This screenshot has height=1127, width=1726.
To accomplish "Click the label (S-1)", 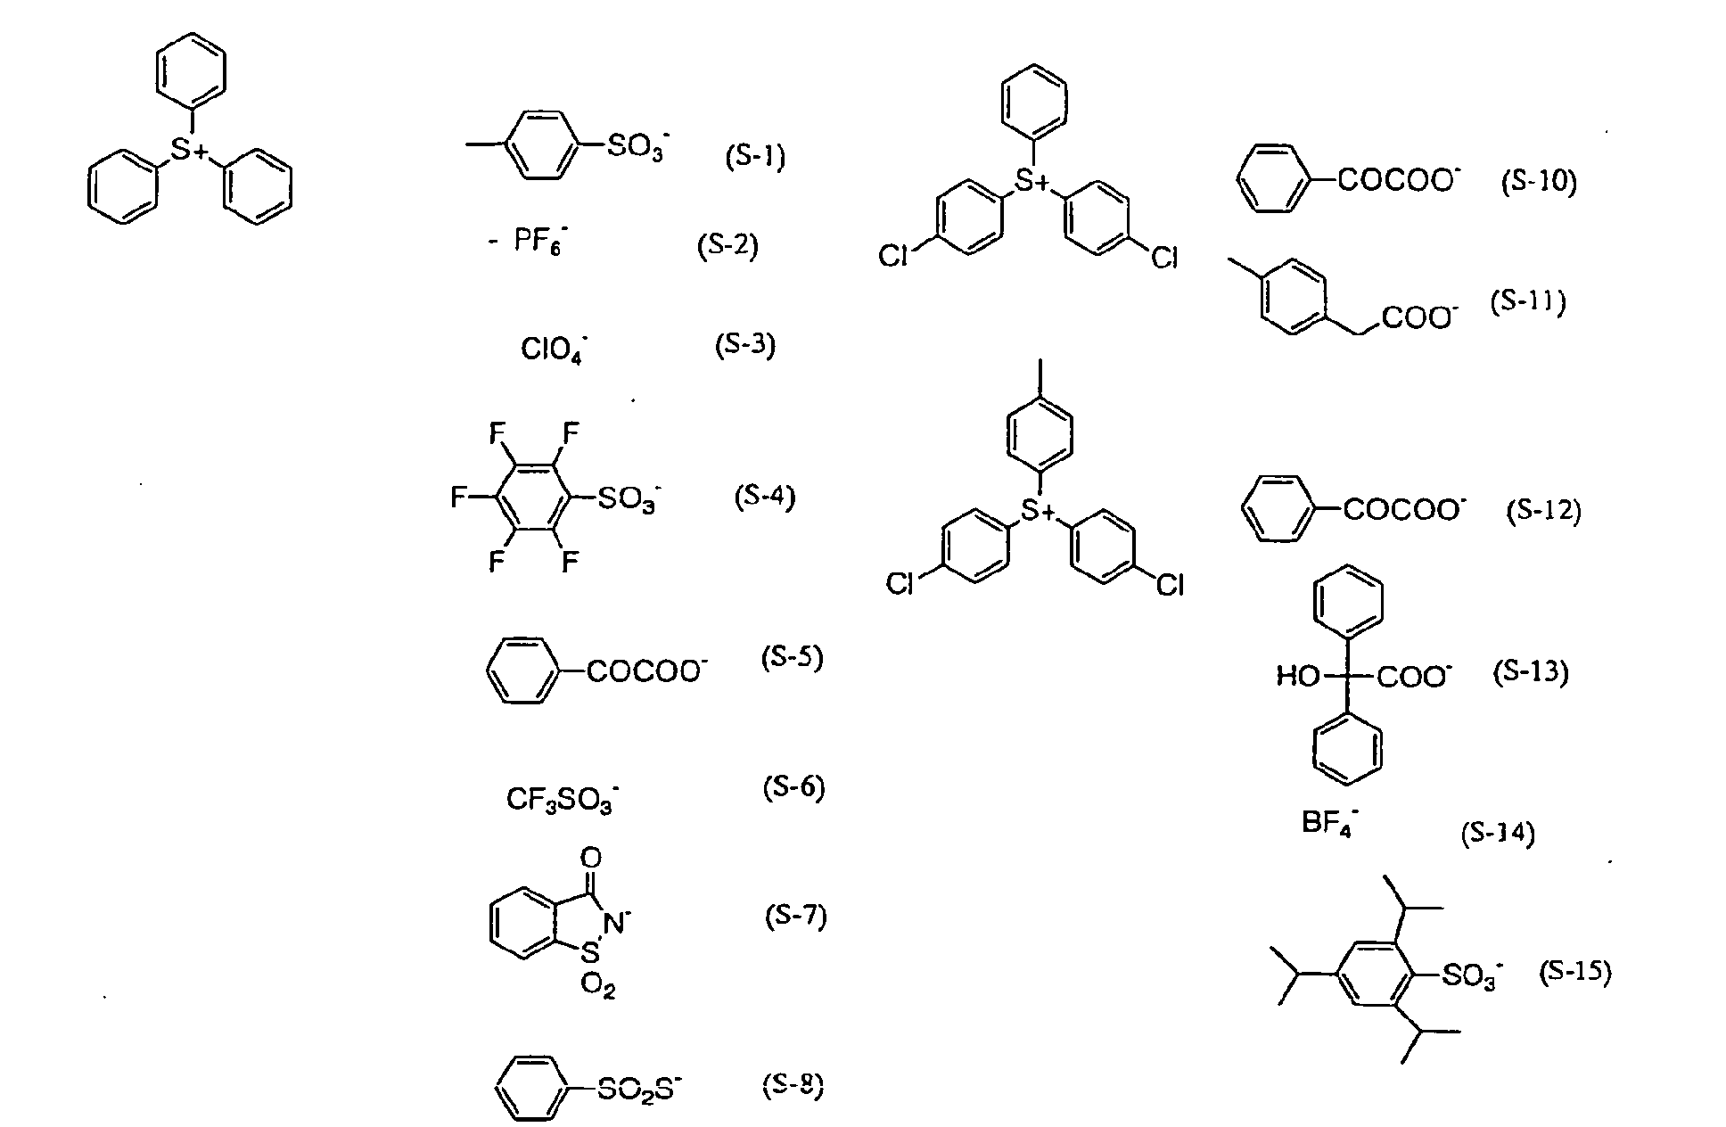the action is pos(754,158).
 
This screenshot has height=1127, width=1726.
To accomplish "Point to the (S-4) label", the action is pos(764,496).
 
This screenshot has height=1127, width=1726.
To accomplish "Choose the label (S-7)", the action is pos(795,917).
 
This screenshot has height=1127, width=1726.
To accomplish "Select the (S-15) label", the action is pos(1575,972).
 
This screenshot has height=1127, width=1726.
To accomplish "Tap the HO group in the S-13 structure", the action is pos(1297,678).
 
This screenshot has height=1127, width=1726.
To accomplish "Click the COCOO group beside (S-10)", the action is pos(1399,181).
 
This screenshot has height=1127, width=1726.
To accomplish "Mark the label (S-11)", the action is pos(1528,301).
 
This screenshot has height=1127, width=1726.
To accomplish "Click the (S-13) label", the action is pos(1530,671).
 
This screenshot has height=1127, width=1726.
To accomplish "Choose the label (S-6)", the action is pos(793,788).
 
